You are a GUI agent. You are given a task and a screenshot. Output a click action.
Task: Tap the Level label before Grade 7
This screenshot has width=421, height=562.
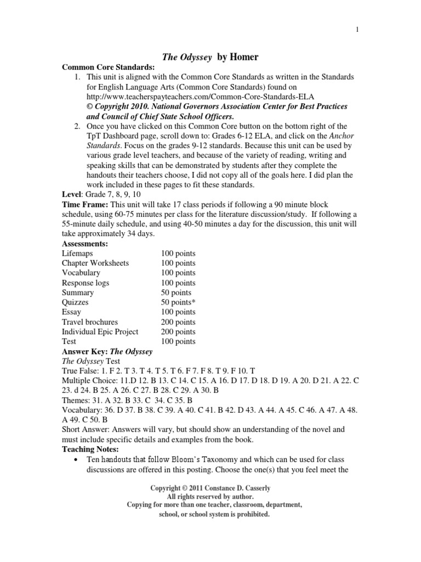(71, 194)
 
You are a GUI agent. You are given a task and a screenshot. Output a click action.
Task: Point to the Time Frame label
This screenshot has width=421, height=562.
(85, 204)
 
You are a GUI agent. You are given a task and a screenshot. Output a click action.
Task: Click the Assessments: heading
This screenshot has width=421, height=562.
(85, 243)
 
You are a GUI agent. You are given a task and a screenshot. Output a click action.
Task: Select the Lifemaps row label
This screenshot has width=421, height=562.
(77, 253)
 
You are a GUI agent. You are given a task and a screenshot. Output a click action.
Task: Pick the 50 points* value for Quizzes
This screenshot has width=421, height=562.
(178, 302)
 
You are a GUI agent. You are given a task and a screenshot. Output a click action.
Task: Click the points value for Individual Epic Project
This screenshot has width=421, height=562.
(178, 331)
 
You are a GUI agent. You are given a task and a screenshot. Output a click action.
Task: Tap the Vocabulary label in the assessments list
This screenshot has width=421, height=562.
(81, 273)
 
